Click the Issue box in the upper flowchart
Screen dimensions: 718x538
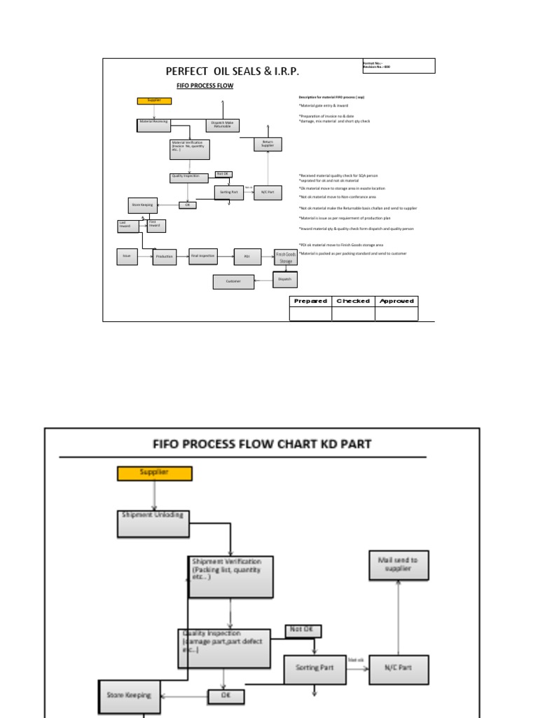[127, 257]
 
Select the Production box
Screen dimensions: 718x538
[165, 257]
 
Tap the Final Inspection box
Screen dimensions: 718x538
[203, 257]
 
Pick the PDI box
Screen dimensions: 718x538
[247, 257]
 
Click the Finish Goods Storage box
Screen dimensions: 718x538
[286, 257]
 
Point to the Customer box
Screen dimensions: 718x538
[233, 282]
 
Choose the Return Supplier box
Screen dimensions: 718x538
[268, 143]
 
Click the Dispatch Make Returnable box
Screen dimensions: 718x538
[223, 126]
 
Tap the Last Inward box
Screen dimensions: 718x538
[127, 226]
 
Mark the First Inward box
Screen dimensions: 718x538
[156, 225]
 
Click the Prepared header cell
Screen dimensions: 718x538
[310, 302]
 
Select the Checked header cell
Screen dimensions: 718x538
[353, 302]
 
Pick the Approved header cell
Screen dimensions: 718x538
[396, 302]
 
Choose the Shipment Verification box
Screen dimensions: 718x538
[231, 577]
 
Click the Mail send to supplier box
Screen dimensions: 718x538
[398, 565]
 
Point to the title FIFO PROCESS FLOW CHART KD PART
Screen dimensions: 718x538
[262, 444]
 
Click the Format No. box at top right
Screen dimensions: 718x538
[399, 66]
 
